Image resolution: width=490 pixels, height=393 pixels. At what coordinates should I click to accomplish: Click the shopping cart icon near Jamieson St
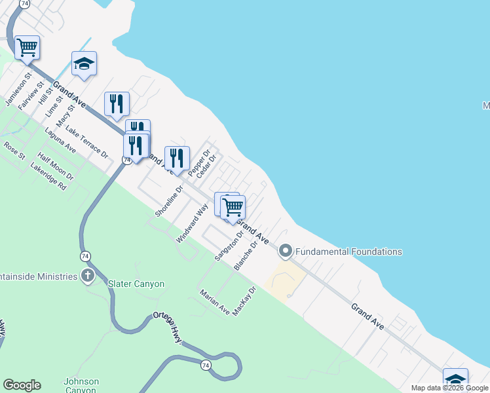[28, 47]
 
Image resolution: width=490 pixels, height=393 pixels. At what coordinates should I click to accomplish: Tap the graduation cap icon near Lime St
[84, 64]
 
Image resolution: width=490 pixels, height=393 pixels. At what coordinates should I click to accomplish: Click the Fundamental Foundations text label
[349, 252]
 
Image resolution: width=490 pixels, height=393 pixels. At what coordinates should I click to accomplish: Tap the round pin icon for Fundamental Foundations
[286, 251]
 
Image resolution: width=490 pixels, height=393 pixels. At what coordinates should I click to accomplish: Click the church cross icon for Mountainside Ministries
[88, 276]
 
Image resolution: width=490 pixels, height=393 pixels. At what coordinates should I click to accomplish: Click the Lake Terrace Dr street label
[86, 142]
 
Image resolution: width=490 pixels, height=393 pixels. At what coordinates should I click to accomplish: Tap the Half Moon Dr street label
[56, 167]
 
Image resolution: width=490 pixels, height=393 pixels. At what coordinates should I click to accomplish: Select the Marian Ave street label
[214, 302]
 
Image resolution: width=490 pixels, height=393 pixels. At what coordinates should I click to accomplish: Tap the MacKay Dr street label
[243, 301]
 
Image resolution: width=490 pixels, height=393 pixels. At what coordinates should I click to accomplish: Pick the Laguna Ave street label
[60, 140]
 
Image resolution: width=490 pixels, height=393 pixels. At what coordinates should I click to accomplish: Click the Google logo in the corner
[22, 385]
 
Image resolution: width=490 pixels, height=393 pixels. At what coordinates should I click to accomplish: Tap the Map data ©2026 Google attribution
[449, 388]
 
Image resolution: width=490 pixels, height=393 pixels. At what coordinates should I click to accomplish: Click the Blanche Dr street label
[252, 253]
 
